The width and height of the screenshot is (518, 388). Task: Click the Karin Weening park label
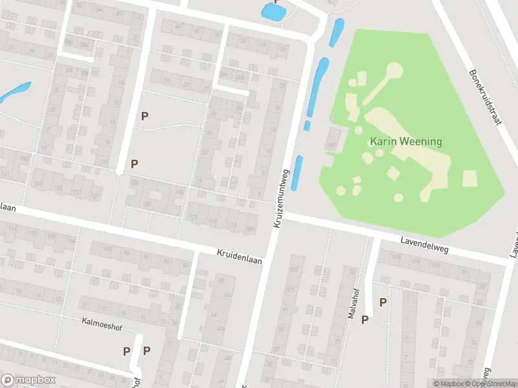pyautogui.click(x=405, y=141)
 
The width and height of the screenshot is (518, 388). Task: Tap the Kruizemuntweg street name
pyautogui.click(x=280, y=199)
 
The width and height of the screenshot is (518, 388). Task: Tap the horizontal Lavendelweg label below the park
pyautogui.click(x=423, y=245)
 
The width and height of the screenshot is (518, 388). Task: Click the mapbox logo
pyautogui.click(x=28, y=380)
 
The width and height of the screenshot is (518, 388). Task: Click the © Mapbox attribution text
pyautogui.click(x=447, y=383)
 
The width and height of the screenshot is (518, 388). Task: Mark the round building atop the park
pyautogui.click(x=394, y=70)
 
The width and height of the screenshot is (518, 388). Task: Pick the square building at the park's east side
pyautogui.click(x=469, y=178)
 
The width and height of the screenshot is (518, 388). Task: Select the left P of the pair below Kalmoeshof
pyautogui.click(x=127, y=351)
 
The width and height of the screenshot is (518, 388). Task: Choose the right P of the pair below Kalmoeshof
pyautogui.click(x=147, y=351)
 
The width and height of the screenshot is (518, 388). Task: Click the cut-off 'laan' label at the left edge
pyautogui.click(x=8, y=207)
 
